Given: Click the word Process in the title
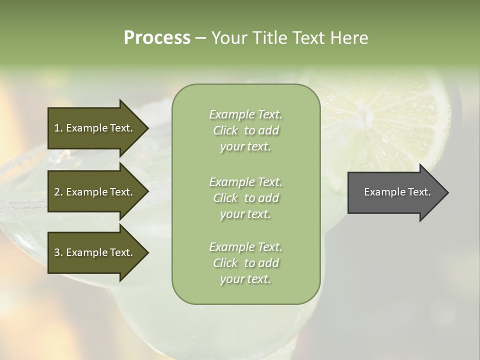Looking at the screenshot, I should point(157,38).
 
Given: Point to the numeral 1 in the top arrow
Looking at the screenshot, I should point(57,128).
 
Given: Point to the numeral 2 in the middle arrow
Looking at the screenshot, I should point(57,192).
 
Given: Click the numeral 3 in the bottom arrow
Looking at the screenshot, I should point(57,252).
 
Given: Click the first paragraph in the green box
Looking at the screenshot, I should point(245,130).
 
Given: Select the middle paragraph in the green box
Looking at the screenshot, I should point(245,198).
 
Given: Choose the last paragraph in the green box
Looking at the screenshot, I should point(245,263).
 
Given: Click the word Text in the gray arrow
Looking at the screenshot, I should point(420,192).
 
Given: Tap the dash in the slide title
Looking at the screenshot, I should point(200,38).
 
